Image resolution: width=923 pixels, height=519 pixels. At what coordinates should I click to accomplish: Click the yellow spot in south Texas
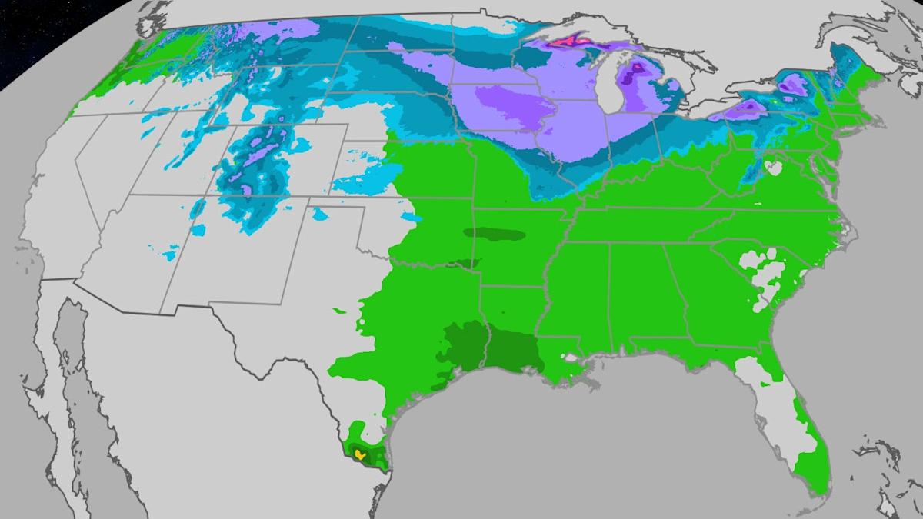point(360,454)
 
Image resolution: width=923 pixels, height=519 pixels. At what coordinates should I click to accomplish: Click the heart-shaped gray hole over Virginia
point(772,167)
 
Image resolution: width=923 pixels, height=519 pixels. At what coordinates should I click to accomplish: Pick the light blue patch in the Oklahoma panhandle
point(350,185)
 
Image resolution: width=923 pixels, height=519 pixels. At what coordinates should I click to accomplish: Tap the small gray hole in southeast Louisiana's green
point(569,356)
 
